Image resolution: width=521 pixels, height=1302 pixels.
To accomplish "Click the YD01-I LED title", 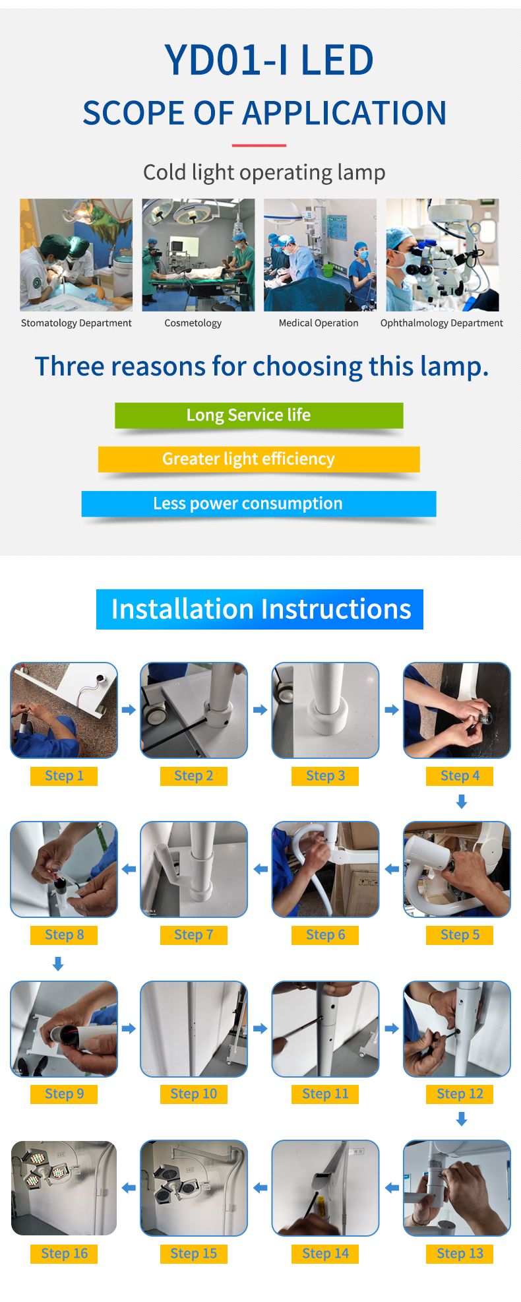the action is (x=269, y=60).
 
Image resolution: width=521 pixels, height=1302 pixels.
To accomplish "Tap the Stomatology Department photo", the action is (x=76, y=255).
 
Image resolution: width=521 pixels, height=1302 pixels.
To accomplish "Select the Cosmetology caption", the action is (x=193, y=323).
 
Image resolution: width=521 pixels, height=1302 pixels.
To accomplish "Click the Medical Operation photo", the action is (x=320, y=255).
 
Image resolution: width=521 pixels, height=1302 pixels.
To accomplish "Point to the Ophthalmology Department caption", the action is (x=442, y=323).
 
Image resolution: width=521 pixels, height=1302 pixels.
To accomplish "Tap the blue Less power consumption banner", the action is (x=259, y=504).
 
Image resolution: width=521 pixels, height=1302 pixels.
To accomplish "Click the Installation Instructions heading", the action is (x=260, y=609).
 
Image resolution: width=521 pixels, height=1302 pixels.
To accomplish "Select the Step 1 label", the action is (x=64, y=776).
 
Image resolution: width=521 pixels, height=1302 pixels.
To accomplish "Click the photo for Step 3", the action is (x=326, y=710).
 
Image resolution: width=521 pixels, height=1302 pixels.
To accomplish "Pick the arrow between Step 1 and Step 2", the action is (x=129, y=710).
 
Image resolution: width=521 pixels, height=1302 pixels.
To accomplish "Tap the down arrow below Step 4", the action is (x=462, y=802).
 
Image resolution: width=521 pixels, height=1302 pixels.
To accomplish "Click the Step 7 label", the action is (x=194, y=935).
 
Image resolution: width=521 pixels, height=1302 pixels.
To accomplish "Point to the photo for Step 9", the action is (x=64, y=1029).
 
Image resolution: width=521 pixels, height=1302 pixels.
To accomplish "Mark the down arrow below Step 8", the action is (x=58, y=964).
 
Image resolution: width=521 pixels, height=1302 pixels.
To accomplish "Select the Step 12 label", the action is (x=460, y=1094).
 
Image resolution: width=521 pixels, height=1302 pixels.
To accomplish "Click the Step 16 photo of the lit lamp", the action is (x=64, y=1188).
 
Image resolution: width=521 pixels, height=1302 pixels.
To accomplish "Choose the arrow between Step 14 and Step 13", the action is (x=392, y=1188).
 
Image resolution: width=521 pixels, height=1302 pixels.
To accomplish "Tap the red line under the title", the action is (x=259, y=145).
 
